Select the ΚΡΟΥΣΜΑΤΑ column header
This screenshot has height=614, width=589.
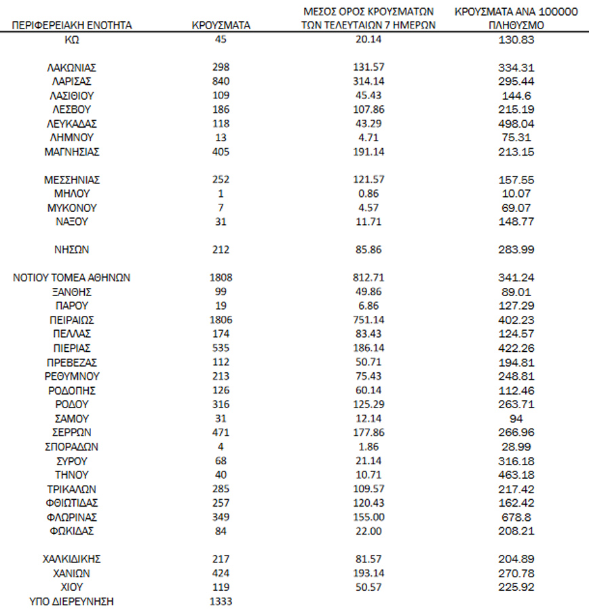[221, 25]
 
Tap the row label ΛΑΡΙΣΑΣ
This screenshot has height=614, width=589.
[72, 81]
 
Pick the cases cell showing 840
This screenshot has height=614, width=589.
[221, 81]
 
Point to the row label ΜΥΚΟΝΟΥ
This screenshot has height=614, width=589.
[72, 208]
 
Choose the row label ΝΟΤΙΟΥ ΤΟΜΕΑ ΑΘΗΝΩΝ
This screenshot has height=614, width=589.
[72, 277]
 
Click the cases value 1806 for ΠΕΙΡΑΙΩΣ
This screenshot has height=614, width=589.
[221, 319]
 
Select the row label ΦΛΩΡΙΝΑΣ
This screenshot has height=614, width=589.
[72, 517]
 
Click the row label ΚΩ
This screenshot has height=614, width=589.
[72, 39]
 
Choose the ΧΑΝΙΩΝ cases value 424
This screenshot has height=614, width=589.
[221, 573]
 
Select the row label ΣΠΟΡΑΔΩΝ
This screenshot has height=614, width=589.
[72, 446]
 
